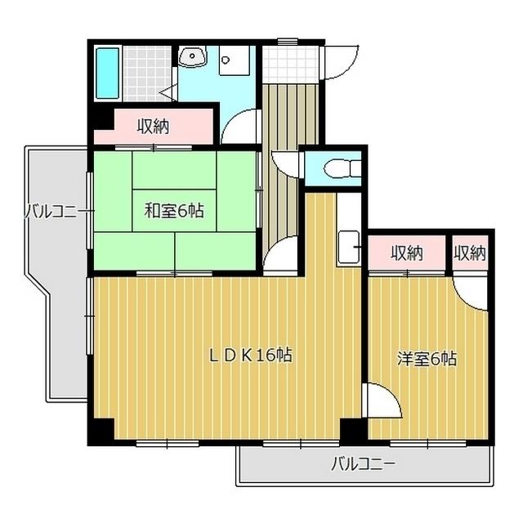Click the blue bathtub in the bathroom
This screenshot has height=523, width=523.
pos(107,73)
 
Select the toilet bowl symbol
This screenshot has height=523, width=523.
pos(335,169)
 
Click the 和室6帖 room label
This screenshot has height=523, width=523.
pos(174,211)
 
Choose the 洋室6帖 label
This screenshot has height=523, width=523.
pos(427,358)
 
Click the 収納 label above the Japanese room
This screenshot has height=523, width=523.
pos(153,127)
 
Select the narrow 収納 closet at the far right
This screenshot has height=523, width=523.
pos(469,253)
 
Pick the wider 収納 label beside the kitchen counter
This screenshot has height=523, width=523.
pos(406,253)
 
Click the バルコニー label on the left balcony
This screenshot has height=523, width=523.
pos(51,212)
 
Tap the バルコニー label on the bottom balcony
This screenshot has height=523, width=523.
pos(363,465)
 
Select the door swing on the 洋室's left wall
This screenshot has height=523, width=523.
pos(382,400)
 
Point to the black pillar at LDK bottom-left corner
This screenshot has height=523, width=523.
pos(99,432)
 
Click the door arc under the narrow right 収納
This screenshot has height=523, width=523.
pos(472,288)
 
